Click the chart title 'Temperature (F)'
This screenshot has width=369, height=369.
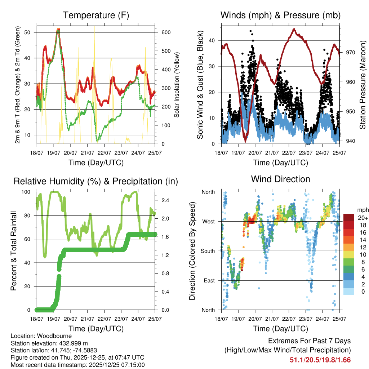click(96, 15)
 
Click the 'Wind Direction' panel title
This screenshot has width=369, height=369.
click(280, 179)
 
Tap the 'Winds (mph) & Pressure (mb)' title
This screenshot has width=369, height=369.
click(280, 15)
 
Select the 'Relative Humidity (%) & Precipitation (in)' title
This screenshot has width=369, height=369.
click(96, 181)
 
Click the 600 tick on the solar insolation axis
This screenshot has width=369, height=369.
click(165, 32)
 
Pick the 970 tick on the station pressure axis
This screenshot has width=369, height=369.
click(351, 53)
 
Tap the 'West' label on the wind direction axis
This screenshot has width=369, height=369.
click(208, 221)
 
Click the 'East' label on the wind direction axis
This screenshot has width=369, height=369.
click(209, 280)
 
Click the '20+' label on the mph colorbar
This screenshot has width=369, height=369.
click(363, 218)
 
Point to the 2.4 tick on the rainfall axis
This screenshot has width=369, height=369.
click(164, 200)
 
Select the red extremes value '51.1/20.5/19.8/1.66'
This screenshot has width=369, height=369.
click(320, 360)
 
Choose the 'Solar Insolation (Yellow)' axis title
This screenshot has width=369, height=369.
click(177, 85)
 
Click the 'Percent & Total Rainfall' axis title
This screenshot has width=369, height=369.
click(13, 251)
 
